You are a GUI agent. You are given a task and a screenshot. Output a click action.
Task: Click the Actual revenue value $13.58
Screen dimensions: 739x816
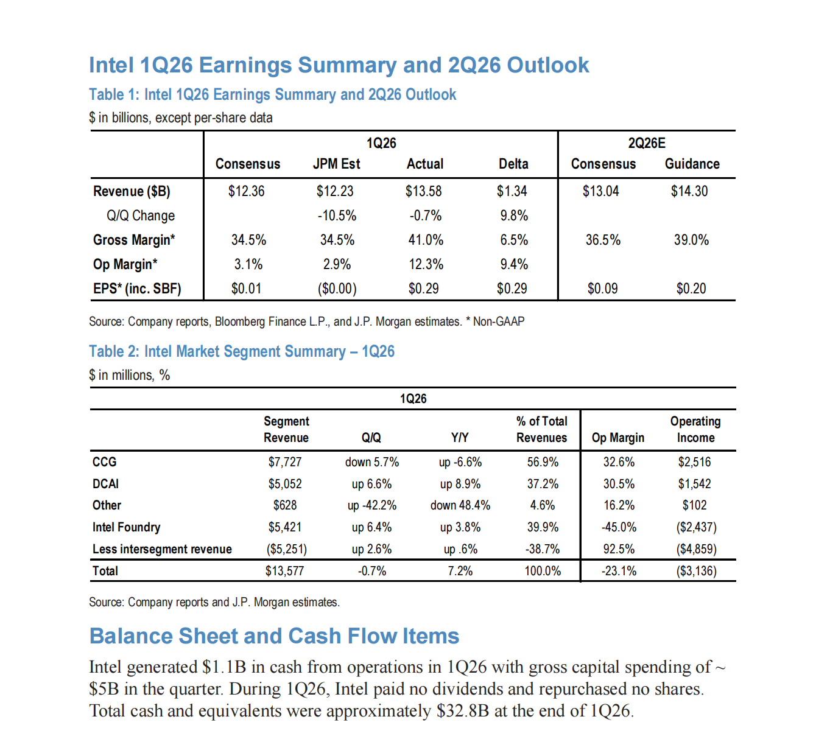pyautogui.click(x=423, y=191)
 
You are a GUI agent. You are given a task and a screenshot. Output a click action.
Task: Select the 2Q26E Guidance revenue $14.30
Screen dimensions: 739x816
pyautogui.click(x=689, y=191)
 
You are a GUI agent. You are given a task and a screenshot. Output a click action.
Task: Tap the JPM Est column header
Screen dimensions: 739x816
pyautogui.click(x=336, y=164)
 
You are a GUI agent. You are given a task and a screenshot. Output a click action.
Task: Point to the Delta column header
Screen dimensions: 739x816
pyautogui.click(x=513, y=164)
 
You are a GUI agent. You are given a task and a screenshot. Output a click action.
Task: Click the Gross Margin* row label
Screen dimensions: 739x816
pyautogui.click(x=134, y=240)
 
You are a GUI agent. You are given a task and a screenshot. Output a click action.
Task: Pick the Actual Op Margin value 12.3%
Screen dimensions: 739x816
pyautogui.click(x=426, y=264)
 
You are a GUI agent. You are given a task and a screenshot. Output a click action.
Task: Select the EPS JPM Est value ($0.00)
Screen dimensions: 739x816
pyautogui.click(x=337, y=289)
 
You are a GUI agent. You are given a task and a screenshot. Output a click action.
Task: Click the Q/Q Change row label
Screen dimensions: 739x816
pyautogui.click(x=141, y=215)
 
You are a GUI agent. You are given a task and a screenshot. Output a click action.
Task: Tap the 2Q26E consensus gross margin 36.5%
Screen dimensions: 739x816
pyautogui.click(x=603, y=240)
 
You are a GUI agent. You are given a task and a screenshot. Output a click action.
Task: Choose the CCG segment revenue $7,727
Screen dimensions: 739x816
pyautogui.click(x=285, y=462)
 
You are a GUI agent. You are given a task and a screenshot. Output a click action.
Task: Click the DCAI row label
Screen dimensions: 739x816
pyautogui.click(x=106, y=484)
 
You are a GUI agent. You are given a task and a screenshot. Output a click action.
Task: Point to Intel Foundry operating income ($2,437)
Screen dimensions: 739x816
pyautogui.click(x=696, y=527)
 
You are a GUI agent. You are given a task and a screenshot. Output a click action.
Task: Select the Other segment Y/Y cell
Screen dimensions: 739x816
pyautogui.click(x=460, y=505)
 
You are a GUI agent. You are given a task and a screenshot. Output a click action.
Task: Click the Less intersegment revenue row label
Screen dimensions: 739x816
pyautogui.click(x=162, y=549)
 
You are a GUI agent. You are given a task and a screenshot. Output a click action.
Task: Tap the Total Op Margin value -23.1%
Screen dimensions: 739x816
pyautogui.click(x=619, y=571)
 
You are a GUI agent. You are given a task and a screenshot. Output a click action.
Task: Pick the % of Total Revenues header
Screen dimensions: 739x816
pyautogui.click(x=541, y=429)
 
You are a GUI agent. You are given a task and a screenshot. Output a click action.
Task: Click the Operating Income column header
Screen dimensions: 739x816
pyautogui.click(x=695, y=429)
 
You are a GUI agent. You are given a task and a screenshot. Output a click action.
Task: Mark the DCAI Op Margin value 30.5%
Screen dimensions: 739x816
pyautogui.click(x=619, y=484)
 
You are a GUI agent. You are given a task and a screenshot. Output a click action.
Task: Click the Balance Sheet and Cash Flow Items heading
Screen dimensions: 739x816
pyautogui.click(x=274, y=636)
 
